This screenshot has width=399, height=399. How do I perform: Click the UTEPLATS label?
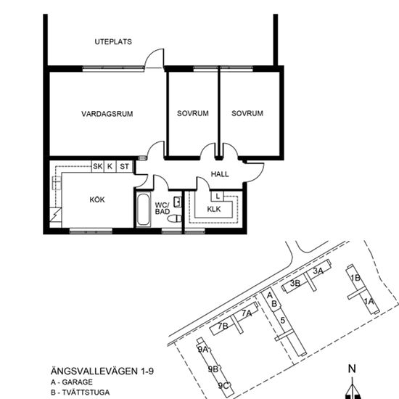[x=113, y=42]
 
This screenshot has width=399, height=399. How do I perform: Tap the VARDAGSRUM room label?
[x=107, y=114]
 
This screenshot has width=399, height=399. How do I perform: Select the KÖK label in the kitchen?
[x=97, y=199]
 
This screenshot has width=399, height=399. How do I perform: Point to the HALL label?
[x=220, y=175]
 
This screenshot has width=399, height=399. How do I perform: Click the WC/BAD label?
[x=162, y=207]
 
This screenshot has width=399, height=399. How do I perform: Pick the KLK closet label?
[x=214, y=210]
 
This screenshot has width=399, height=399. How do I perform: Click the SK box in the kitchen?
[x=97, y=167]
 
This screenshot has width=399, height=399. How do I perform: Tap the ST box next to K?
[x=124, y=167]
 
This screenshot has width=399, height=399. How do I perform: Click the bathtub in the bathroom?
[x=142, y=210]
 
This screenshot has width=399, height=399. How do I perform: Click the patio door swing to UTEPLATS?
[x=152, y=59]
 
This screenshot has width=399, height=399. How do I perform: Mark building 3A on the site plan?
[x=318, y=271]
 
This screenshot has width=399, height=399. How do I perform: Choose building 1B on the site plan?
[x=355, y=278]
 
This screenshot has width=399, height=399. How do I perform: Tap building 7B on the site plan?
[x=223, y=326]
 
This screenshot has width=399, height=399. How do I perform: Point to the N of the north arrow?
[x=352, y=369]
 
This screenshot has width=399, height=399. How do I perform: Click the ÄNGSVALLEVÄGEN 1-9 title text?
[x=102, y=370]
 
